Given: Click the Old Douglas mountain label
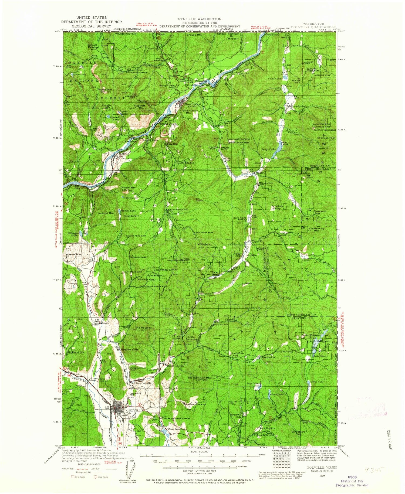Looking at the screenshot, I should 143,328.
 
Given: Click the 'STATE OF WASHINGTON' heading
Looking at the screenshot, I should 200,19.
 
